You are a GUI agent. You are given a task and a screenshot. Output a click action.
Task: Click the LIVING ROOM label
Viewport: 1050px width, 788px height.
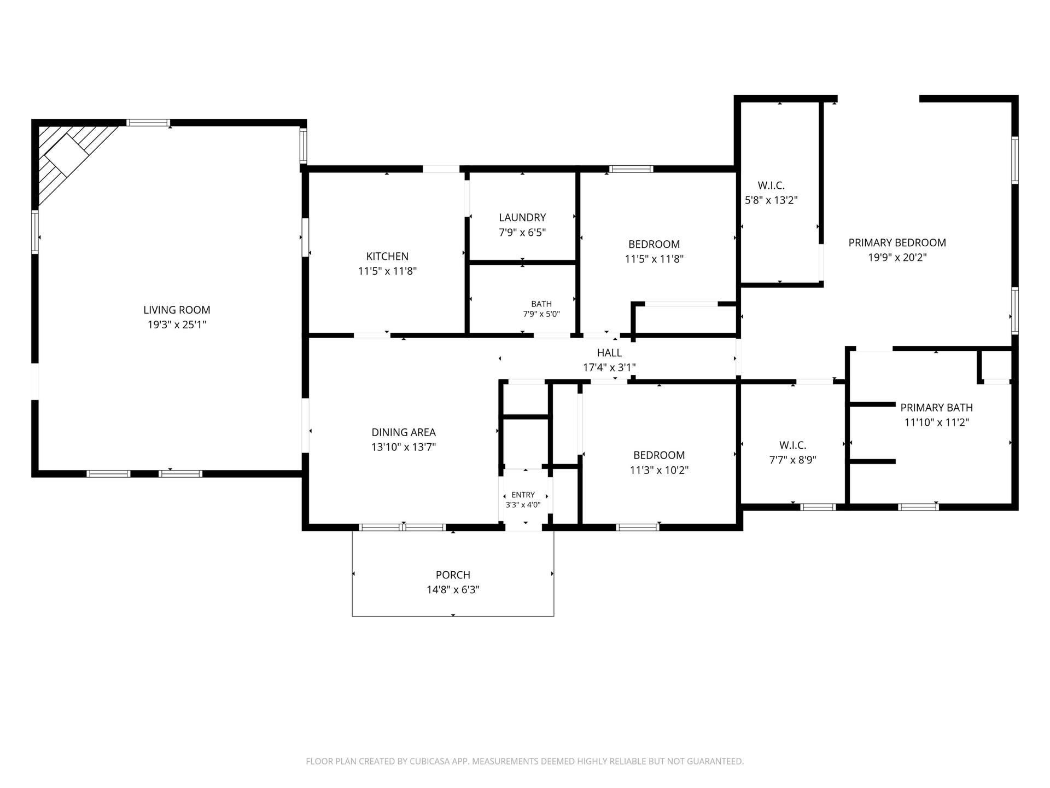(x=177, y=310)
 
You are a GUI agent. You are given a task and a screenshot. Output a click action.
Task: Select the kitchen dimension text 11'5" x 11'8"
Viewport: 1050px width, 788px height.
(x=387, y=271)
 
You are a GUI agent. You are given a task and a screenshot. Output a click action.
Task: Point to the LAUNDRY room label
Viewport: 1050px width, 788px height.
(x=522, y=217)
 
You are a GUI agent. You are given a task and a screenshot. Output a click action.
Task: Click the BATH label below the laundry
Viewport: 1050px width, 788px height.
(x=541, y=304)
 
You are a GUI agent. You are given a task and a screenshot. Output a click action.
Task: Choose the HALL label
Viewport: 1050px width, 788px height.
(x=609, y=353)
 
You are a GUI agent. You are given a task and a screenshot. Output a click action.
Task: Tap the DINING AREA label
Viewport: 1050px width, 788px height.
(x=404, y=432)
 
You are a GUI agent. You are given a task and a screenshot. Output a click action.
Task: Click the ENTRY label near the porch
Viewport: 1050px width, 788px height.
(x=523, y=495)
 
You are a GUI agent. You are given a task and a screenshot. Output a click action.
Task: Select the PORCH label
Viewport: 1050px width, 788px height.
(x=453, y=575)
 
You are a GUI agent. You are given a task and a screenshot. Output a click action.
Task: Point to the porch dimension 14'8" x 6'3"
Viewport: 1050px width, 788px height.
(x=453, y=590)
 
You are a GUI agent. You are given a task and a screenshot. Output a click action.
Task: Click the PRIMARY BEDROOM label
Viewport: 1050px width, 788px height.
(x=897, y=242)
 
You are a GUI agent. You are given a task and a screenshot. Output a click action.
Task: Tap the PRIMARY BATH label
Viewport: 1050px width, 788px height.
(x=936, y=408)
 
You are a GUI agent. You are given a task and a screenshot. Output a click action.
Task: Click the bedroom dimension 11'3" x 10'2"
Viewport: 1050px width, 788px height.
(x=659, y=470)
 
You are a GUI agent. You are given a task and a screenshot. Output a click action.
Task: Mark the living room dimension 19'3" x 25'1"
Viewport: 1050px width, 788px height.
(x=177, y=325)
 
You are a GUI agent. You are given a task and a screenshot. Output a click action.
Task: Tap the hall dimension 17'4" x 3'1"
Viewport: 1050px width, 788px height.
(x=609, y=368)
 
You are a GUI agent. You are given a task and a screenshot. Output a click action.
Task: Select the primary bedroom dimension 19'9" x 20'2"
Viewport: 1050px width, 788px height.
(x=897, y=258)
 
